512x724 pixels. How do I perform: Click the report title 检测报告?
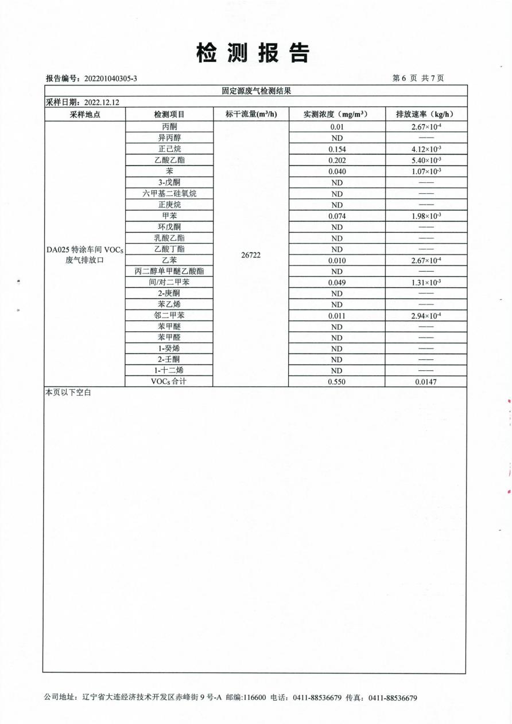253,53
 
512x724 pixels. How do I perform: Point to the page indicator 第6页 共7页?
417,79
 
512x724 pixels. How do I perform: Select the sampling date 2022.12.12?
102,102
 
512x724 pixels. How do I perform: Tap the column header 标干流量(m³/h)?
251,114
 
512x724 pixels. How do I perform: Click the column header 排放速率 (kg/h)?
425,114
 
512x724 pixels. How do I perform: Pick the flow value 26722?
251,255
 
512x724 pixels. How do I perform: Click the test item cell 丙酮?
169,127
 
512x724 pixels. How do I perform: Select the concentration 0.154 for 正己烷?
336,149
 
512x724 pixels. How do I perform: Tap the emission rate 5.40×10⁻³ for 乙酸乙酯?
426,160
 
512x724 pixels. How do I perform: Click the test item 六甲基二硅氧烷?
169,193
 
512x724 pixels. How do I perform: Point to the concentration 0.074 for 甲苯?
336,216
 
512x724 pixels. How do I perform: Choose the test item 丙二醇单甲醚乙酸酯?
169,271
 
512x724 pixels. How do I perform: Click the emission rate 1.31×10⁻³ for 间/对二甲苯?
426,282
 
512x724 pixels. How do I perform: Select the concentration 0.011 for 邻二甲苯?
336,315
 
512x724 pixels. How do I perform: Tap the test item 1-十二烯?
169,370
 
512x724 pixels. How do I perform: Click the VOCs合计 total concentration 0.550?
336,382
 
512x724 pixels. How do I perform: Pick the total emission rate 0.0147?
426,382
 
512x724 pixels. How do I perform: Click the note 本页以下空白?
68,393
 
